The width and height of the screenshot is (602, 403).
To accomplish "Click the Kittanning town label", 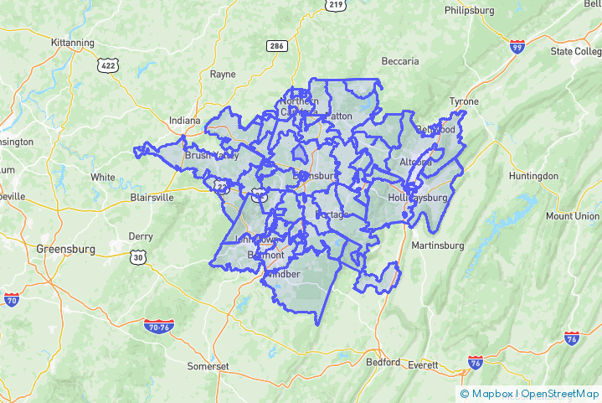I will tap(72, 42).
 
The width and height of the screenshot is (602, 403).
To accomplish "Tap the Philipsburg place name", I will tap(471, 10).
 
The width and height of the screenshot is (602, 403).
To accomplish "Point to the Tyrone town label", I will tap(464, 101).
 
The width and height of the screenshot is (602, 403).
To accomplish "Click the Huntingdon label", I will tap(533, 176).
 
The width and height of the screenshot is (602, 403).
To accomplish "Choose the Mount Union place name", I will tap(573, 215).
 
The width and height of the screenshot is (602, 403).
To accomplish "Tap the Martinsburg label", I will tap(437, 245).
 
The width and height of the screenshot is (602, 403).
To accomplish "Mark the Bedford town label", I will tap(383, 362).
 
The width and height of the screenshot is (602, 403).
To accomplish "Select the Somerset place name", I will tap(207, 366).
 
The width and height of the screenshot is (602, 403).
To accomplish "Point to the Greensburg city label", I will tap(66, 249).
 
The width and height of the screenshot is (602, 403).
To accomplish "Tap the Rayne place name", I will tap(223, 74).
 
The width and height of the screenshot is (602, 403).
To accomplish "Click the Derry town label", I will tap(141, 236).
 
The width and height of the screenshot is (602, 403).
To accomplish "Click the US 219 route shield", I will tap(335, 5).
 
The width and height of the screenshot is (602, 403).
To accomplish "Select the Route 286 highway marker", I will tap(277, 46).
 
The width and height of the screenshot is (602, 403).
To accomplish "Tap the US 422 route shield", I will tap(108, 65).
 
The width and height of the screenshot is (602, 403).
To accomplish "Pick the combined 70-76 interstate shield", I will tap(158, 325).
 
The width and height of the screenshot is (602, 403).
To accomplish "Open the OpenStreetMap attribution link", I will tap(560, 393).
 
